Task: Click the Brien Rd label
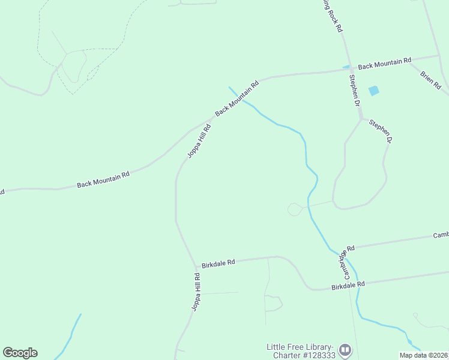point(431,80)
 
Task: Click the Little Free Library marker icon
point(345,349)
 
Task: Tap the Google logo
point(20,353)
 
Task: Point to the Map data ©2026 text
point(423,355)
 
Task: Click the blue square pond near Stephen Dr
point(374,91)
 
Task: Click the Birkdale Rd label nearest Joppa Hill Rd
point(218,262)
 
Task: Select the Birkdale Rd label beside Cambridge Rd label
point(348,286)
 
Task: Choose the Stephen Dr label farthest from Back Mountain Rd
point(381,131)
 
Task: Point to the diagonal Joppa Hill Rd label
point(199,141)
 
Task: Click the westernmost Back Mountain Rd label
point(103,179)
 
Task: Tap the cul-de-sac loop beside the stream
point(295,209)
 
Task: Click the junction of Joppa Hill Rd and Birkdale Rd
point(196,266)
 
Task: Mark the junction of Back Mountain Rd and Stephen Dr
point(351,70)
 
